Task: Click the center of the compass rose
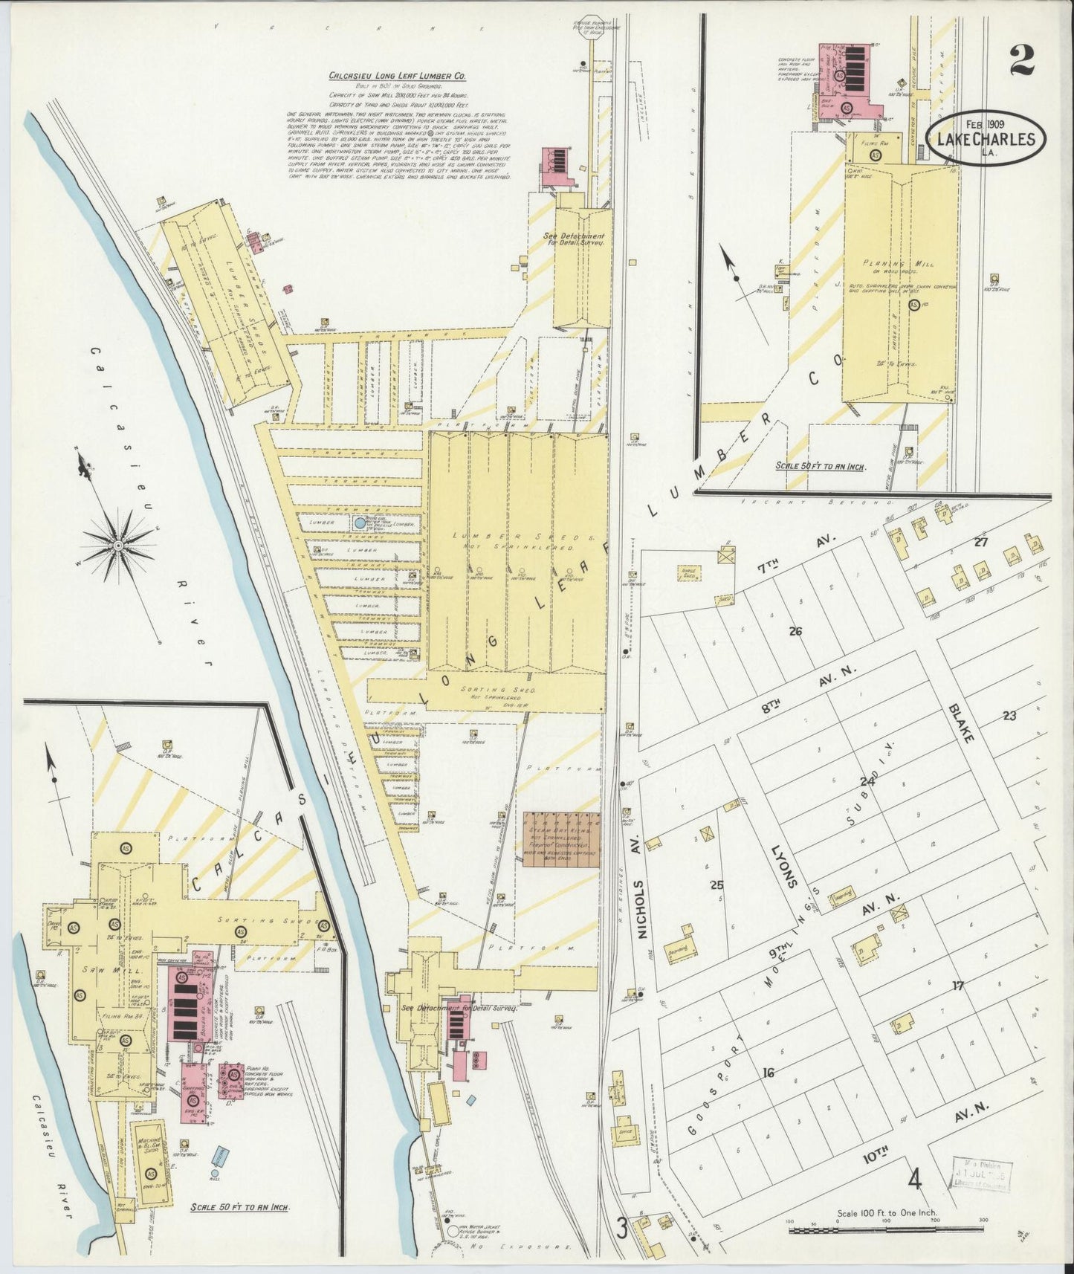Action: point(117,546)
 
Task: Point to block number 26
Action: point(795,631)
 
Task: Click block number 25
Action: point(716,885)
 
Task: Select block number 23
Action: point(1009,716)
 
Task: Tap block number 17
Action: point(958,986)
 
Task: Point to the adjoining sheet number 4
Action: point(914,1180)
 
